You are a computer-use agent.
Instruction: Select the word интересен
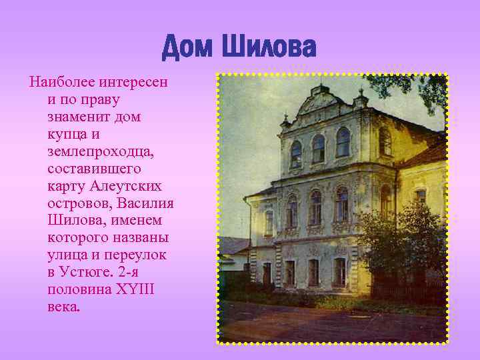coord(135,83)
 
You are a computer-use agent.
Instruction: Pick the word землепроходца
coord(101,152)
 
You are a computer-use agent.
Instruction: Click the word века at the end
coord(63,307)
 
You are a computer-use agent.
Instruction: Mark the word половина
coord(77,290)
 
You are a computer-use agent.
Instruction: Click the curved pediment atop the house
coord(321,103)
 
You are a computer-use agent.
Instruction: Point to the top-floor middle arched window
coord(319,148)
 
